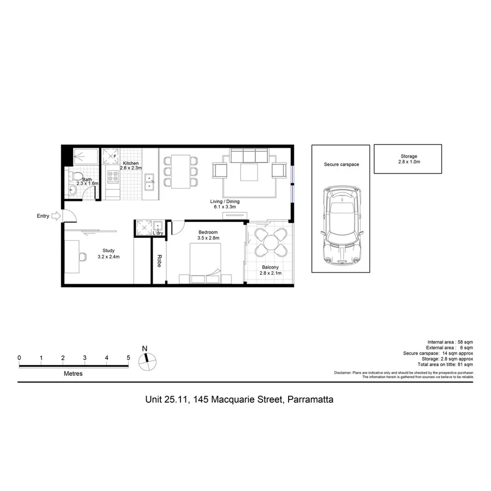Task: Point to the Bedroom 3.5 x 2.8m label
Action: tap(208, 235)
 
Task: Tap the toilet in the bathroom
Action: tap(73, 177)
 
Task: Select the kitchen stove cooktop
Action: tap(113, 177)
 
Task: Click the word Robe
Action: tap(159, 261)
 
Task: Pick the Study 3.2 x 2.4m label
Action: tap(108, 254)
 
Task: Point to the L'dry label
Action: tap(158, 233)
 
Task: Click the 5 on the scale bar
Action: tap(128, 358)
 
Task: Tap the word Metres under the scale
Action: tap(73, 374)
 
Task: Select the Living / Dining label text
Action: tap(225, 204)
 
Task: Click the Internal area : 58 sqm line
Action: tap(450, 342)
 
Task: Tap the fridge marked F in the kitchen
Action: tap(111, 157)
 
